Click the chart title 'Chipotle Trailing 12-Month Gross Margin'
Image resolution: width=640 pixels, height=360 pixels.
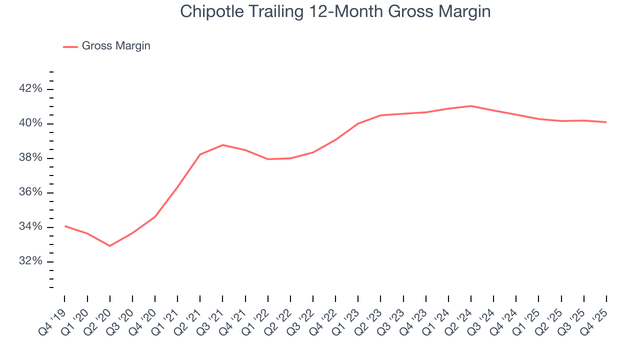pos(335,11)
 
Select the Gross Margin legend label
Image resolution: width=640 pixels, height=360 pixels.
pos(116,46)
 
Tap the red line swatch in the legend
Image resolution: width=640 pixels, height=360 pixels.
pos(70,46)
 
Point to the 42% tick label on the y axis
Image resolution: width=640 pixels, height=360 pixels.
pos(30,89)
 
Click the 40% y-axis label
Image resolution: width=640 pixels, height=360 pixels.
pos(30,123)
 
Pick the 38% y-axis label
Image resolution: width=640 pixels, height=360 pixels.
pos(30,158)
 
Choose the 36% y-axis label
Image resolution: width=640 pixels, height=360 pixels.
pos(30,192)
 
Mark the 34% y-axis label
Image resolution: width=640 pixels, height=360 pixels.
pos(30,227)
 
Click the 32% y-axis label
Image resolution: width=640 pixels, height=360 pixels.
pos(30,261)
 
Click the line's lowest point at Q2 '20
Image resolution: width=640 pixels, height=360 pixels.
pos(110,246)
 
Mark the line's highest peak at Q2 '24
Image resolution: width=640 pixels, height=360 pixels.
pos(471,106)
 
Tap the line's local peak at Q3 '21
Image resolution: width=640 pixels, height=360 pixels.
pos(222,145)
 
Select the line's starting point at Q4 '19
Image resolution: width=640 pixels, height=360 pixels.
pos(65,226)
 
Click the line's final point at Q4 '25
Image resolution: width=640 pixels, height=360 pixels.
pos(606,122)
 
